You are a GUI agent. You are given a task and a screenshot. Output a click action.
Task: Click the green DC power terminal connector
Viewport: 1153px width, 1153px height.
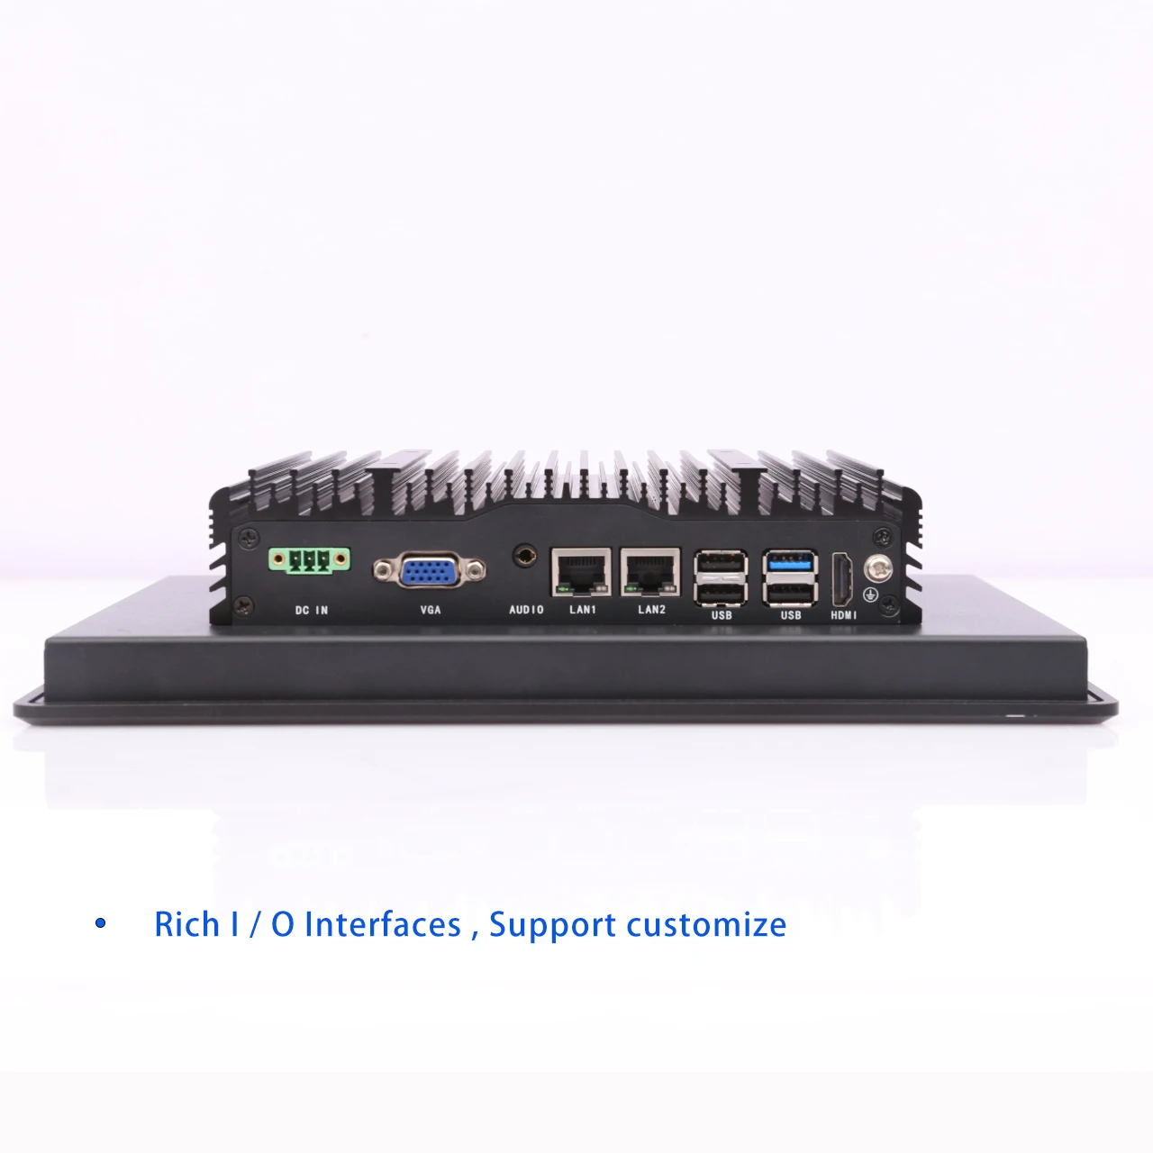coord(309,560)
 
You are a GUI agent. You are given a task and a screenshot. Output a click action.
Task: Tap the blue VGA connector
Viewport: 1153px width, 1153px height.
coord(430,570)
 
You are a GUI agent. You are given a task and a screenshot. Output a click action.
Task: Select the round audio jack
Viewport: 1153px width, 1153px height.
coord(525,556)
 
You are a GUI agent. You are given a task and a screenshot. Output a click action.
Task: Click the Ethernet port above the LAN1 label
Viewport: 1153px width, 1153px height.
coord(581,573)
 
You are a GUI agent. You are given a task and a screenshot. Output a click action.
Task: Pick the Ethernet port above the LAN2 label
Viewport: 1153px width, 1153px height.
coord(650,573)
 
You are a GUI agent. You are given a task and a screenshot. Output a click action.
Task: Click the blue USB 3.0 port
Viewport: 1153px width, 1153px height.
coord(790,562)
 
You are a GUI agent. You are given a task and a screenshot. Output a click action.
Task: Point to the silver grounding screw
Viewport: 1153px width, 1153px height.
coord(877,568)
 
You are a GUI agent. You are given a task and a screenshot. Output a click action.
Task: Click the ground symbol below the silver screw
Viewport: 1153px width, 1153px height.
coord(870,595)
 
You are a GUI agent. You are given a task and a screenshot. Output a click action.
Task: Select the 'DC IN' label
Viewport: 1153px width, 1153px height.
coord(311,611)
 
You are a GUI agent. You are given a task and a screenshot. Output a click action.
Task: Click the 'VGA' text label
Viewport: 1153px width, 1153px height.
coord(431,610)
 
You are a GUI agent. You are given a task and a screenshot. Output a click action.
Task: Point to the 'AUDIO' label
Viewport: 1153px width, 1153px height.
coord(526,610)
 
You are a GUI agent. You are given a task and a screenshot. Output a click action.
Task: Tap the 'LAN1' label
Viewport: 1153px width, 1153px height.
coord(582,610)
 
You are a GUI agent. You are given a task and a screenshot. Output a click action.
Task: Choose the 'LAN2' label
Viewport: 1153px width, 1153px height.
coord(651,610)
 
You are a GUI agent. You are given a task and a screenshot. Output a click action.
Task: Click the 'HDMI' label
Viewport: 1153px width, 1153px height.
coord(844,615)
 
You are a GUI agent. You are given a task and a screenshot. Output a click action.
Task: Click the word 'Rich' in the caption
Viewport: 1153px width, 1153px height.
coord(186,924)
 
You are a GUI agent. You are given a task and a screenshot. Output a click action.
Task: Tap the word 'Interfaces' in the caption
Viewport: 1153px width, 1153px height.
coord(383,924)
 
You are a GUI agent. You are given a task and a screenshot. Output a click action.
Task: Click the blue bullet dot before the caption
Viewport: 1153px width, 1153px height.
coord(101,922)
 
